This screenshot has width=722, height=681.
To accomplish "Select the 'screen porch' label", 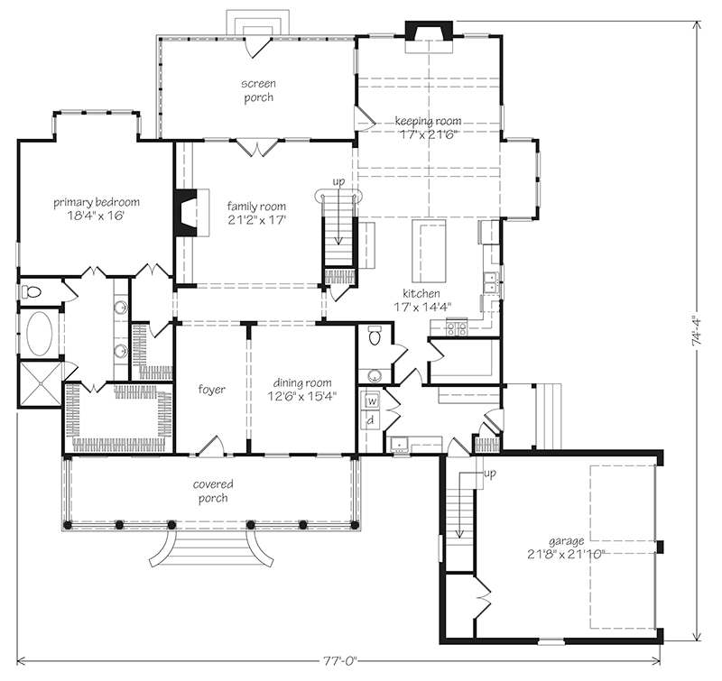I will coord(257,90).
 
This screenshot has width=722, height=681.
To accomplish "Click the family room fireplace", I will coord(186,212).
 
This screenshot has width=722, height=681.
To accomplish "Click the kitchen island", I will coord(424,250).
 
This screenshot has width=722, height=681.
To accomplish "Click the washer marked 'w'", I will coord(371,401).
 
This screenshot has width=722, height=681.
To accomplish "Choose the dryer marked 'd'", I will coord(371,420).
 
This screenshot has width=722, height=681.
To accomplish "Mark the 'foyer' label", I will coord(211,390).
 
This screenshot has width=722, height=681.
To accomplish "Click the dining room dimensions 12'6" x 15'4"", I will coord(302,395).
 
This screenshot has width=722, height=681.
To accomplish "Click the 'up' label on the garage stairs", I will coord(490,474).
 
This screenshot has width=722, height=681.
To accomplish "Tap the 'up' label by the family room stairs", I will coord(339,182).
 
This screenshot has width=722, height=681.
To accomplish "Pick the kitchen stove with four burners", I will coord(457,328).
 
